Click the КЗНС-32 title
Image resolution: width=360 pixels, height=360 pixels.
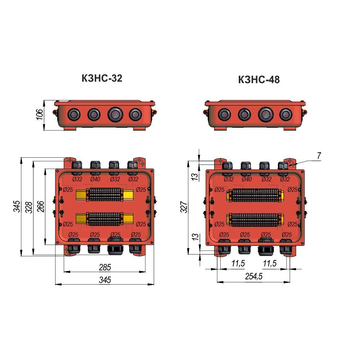click(x=102, y=78)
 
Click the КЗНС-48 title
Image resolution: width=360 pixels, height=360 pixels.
click(x=259, y=80)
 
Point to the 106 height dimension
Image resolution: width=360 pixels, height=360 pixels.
click(x=40, y=114)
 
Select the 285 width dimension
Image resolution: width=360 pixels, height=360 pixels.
click(x=105, y=267)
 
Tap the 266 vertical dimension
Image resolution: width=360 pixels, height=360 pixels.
click(x=41, y=206)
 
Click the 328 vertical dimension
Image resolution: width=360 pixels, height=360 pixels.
click(x=29, y=207)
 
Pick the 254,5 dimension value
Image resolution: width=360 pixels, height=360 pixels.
click(x=254, y=276)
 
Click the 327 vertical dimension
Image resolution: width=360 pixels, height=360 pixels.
click(x=184, y=207)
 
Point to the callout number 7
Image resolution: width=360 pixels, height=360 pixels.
click(x=319, y=156)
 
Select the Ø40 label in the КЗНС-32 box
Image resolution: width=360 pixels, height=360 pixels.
click(x=95, y=179)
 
